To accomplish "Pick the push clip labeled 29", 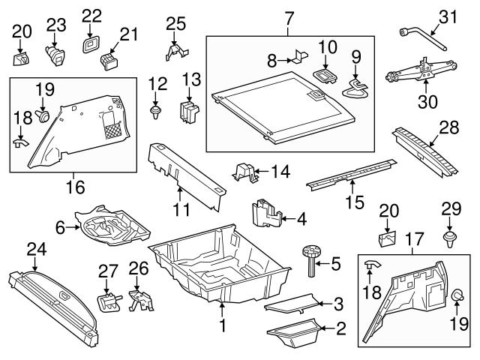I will pos(449,239).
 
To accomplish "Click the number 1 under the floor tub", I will pos(222,325).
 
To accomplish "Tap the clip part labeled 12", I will pos(157,112).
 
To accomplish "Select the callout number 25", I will pos(175,24).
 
